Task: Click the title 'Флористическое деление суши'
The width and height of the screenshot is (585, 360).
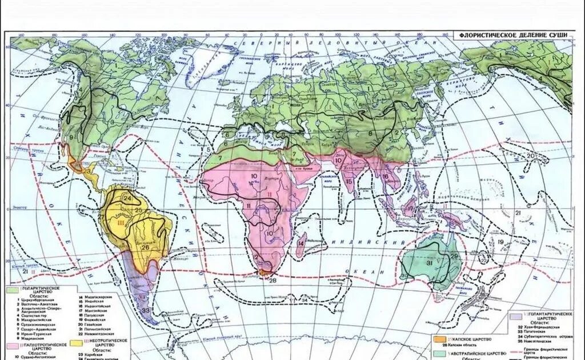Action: [x=514, y=35]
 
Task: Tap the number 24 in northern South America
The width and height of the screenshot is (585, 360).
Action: [x=128, y=199]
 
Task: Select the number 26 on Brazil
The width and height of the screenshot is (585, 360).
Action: [x=145, y=247]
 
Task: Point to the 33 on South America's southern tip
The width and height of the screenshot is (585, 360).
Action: [x=146, y=310]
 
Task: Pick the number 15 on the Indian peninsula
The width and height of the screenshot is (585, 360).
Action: [x=348, y=181]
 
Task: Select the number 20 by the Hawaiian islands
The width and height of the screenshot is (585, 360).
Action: [x=531, y=155]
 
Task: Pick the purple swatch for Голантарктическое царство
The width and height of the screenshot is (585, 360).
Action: [x=515, y=315]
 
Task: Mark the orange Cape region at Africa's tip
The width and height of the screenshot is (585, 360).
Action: [x=264, y=273]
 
